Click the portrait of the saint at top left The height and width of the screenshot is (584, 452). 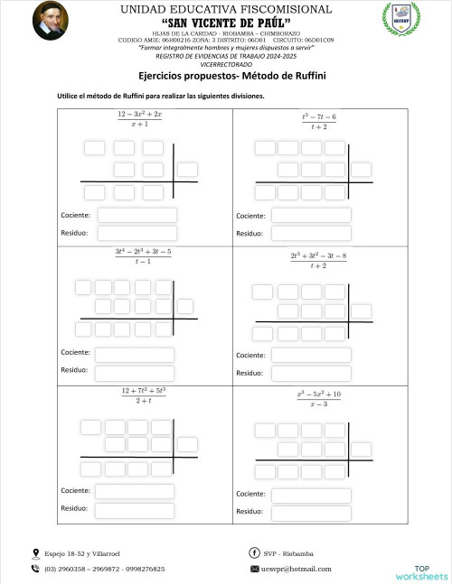50,21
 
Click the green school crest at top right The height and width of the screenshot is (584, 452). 400,20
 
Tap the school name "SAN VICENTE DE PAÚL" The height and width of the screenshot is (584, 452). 226,23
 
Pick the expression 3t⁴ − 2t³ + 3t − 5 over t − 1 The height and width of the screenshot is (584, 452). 143,255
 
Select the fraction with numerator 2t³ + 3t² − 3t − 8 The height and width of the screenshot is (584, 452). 318,260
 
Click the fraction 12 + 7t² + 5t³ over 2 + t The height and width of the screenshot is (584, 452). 144,394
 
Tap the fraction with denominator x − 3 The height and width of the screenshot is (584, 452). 318,399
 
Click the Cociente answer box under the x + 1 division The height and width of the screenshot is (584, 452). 137,215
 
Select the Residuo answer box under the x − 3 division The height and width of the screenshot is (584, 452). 312,514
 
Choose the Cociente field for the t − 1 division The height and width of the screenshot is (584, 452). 135,355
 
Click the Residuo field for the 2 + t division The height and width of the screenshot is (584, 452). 135,509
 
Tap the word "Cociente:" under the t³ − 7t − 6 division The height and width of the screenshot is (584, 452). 250,216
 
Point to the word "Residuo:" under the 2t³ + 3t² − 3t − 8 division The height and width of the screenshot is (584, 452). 250,373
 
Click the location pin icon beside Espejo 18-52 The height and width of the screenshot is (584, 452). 36,552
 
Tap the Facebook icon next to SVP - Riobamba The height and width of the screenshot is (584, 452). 254,552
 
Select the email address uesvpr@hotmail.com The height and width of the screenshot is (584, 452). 296,570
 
